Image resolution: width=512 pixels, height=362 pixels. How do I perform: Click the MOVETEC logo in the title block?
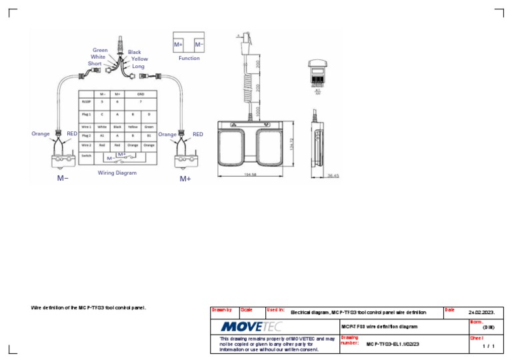tap(251, 327)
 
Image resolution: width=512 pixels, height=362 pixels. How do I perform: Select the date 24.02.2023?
tap(481, 311)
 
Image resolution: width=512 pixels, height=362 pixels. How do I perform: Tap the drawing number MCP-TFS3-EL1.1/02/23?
tap(393, 344)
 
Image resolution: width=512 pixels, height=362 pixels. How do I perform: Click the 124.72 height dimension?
tap(292, 145)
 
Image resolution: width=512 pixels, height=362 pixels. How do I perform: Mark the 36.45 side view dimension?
tap(333, 175)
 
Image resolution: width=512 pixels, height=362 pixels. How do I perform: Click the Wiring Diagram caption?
tap(117, 173)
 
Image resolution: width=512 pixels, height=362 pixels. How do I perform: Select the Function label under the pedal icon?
tap(189, 58)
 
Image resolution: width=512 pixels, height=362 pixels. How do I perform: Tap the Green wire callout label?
tap(100, 50)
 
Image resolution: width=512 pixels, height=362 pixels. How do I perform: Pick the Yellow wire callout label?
tap(139, 59)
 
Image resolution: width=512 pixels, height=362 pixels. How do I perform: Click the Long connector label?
tap(138, 67)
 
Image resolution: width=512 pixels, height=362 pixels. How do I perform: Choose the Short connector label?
tap(95, 64)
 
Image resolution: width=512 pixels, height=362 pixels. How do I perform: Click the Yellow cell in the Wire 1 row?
tap(133, 126)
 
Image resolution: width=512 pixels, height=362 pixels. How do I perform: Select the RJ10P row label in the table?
tap(86, 103)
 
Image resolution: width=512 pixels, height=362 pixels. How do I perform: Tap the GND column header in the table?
tap(141, 95)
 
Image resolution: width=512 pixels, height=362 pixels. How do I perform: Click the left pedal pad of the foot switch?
tap(235, 147)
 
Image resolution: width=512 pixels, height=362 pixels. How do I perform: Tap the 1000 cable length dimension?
tap(257, 109)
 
